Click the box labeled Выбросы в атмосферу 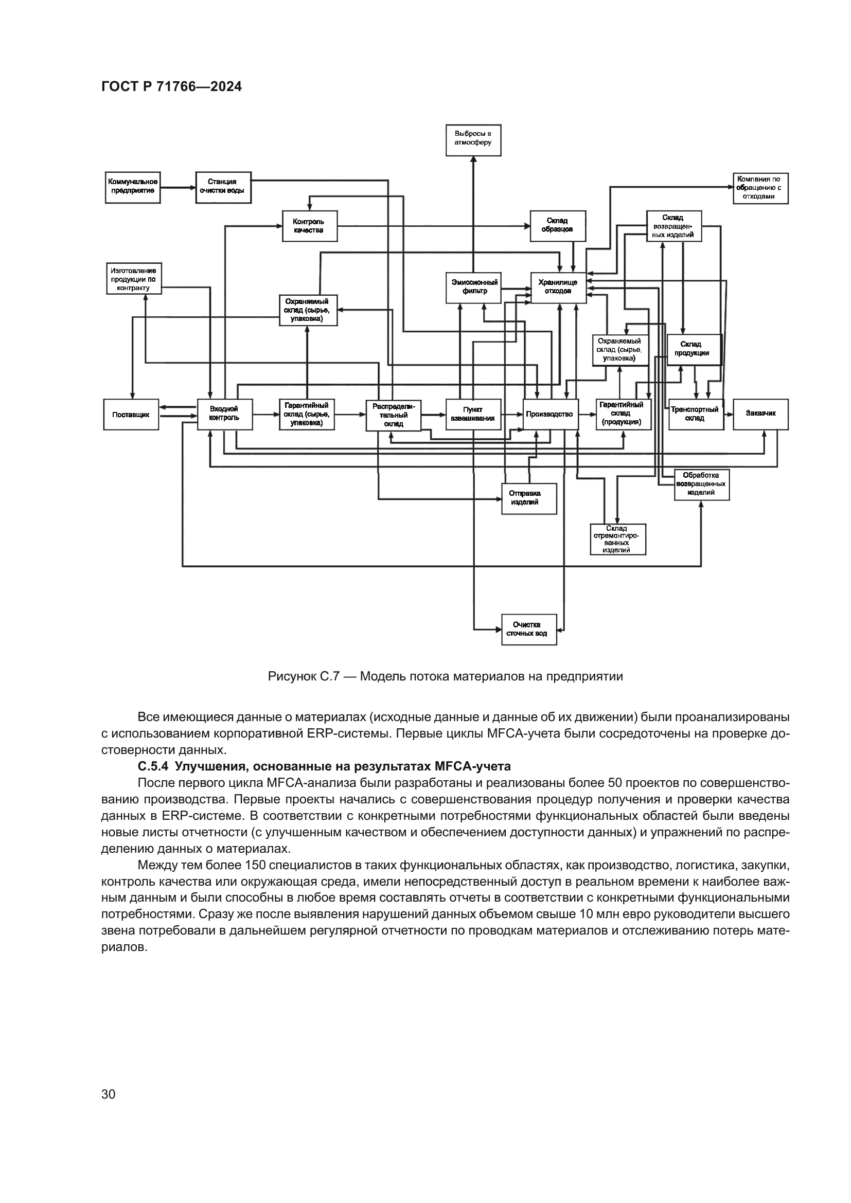click(473, 140)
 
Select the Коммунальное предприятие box click(133, 188)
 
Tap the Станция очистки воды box click(224, 188)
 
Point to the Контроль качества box click(310, 226)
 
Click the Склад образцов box click(558, 226)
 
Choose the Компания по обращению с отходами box click(760, 189)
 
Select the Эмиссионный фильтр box click(473, 288)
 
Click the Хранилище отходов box click(559, 288)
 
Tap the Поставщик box click(131, 415)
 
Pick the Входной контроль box click(224, 415)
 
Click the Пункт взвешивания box click(473, 415)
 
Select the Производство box click(550, 415)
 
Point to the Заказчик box click(760, 415)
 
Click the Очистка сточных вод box click(529, 629)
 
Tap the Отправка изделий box click(529, 498)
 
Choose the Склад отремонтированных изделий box click(618, 539)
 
